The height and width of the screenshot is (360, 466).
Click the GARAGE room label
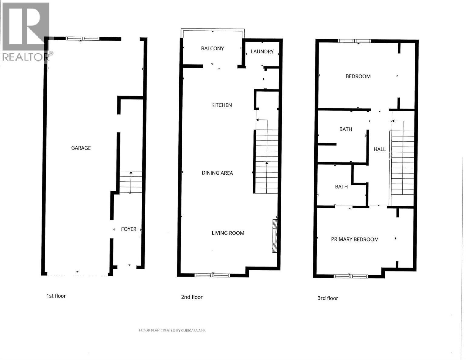pyautogui.click(x=81, y=148)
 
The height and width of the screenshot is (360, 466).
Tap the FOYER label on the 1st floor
pyautogui.click(x=129, y=229)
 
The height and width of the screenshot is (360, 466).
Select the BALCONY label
pyautogui.click(x=212, y=49)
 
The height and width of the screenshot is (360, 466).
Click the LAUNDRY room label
pyautogui.click(x=262, y=52)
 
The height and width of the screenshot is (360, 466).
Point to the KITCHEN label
pyautogui.click(x=221, y=105)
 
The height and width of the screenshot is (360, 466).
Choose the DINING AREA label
pyautogui.click(x=217, y=173)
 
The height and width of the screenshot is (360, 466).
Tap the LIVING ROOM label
pyautogui.click(x=228, y=233)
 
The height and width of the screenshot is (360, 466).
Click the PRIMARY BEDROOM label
pyautogui.click(x=355, y=239)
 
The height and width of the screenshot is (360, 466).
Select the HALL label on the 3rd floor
pyautogui.click(x=380, y=149)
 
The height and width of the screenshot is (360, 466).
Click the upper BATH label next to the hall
pyautogui.click(x=346, y=129)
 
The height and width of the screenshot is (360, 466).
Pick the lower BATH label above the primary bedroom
pyautogui.click(x=341, y=187)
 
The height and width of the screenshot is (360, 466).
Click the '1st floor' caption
pyautogui.click(x=56, y=296)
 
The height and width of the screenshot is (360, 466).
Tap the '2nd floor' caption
pyautogui.click(x=192, y=297)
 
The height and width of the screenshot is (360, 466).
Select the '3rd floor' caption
pyautogui.click(x=328, y=298)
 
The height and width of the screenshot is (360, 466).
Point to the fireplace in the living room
pyautogui.click(x=275, y=235)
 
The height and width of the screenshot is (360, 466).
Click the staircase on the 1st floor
pyautogui.click(x=131, y=182)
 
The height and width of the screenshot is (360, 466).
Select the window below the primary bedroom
pyautogui.click(x=351, y=276)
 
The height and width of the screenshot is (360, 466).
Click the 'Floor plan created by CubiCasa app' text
pyautogui.click(x=172, y=330)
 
